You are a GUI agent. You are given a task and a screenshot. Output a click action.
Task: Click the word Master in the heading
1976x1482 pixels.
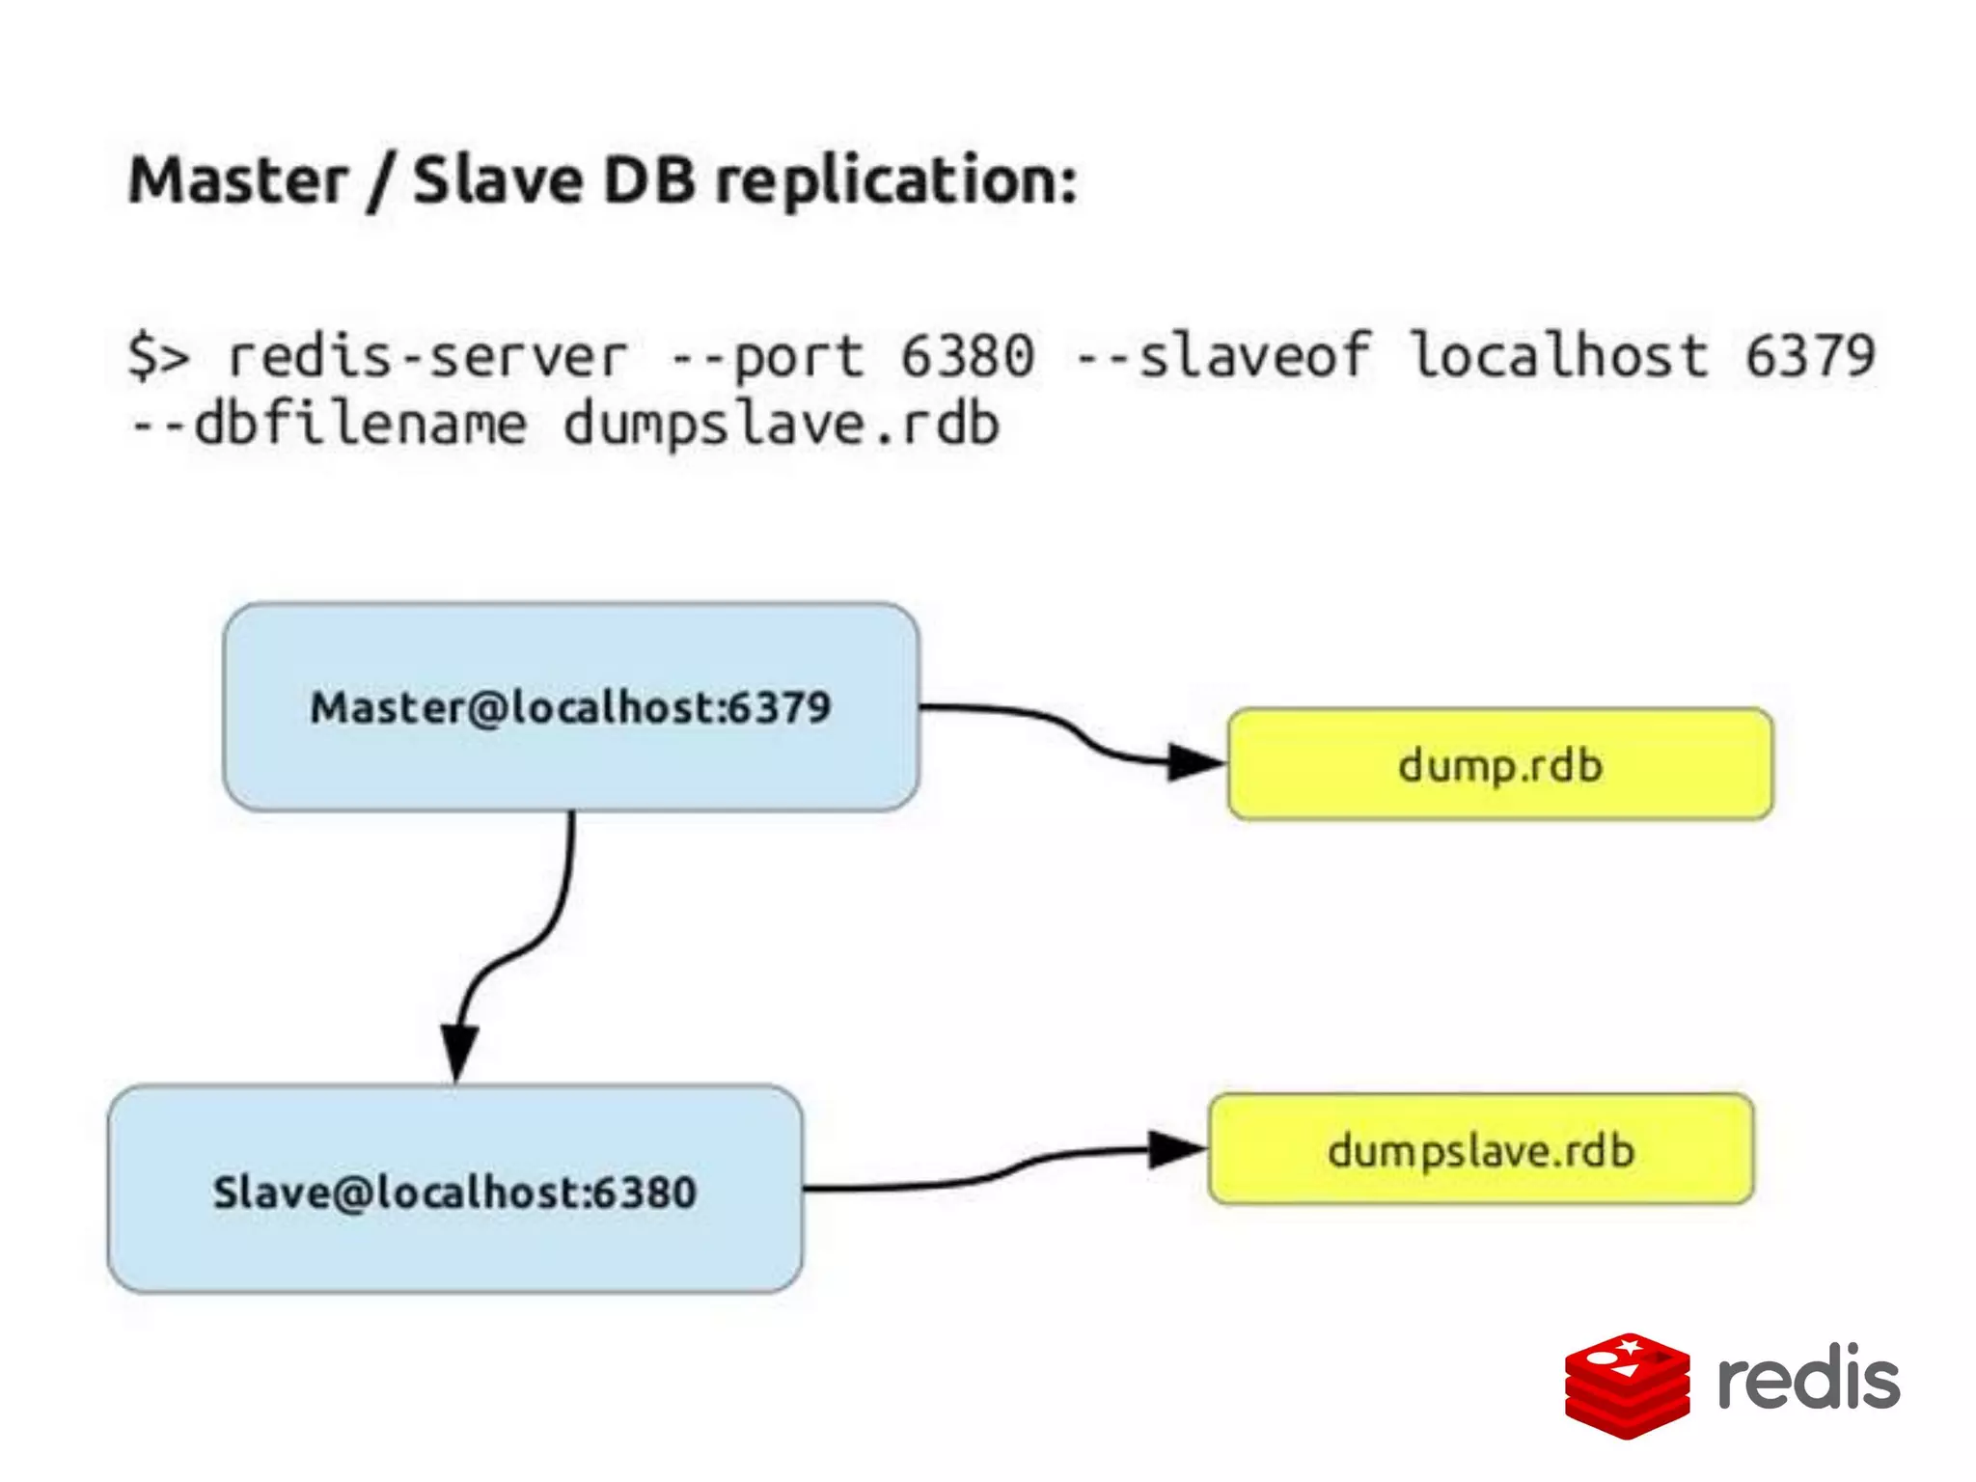pos(237,181)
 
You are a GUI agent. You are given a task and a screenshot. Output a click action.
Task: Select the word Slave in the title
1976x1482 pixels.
pos(497,181)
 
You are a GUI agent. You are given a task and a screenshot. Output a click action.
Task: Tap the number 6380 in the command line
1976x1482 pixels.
pos(968,356)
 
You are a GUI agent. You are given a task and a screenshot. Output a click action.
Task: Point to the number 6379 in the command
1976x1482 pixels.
pos(1809,356)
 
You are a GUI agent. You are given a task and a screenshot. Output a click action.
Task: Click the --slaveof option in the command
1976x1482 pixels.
pos(1221,356)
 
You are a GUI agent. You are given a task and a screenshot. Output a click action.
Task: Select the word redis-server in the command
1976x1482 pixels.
pos(426,356)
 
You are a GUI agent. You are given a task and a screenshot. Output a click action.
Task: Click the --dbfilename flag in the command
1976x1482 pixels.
pos(328,425)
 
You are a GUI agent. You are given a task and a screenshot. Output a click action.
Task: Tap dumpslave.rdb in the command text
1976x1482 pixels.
pos(782,425)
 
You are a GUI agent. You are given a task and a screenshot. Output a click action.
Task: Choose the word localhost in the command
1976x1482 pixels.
pos(1558,356)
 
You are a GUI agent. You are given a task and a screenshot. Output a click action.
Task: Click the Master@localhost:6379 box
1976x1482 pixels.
pos(570,707)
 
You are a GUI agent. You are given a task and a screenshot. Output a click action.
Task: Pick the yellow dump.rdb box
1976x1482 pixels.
pos(1500,765)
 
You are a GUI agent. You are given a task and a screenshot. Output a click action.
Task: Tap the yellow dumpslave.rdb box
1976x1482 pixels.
pos(1481,1150)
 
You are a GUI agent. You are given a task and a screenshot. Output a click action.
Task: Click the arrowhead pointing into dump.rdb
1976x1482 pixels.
pos(1194,762)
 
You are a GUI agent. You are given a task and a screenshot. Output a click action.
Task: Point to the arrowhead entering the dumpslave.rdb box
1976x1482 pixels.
pos(1175,1149)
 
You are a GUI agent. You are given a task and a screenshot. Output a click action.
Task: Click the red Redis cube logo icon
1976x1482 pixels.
pos(1627,1386)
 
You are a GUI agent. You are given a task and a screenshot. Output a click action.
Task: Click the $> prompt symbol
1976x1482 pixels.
pos(158,356)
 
